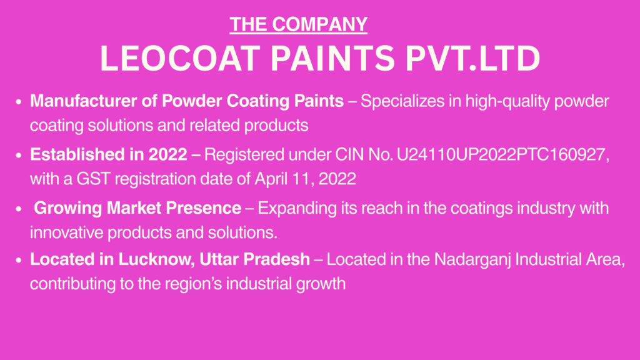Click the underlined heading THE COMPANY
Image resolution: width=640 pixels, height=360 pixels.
point(298,24)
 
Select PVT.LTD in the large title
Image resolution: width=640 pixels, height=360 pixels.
point(472,58)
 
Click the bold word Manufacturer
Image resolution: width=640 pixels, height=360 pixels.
point(83,101)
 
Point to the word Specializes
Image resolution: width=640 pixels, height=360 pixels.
point(402,101)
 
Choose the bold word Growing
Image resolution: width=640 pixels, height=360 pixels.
point(67,208)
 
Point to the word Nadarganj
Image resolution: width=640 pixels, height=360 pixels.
point(472,259)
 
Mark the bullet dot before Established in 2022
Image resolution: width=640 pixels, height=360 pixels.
point(18,155)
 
